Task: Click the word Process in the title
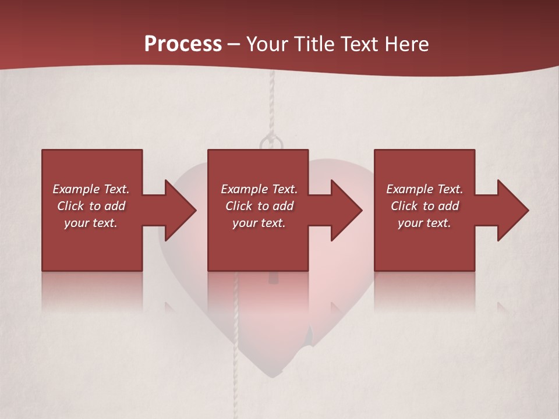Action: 183,44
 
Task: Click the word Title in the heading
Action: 313,44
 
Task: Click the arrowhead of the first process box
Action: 181,210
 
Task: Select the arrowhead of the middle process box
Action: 346,210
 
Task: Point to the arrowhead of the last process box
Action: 513,210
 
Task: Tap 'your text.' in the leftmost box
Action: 90,223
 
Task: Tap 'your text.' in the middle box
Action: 259,223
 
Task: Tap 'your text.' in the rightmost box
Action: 424,223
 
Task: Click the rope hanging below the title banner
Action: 271,105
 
